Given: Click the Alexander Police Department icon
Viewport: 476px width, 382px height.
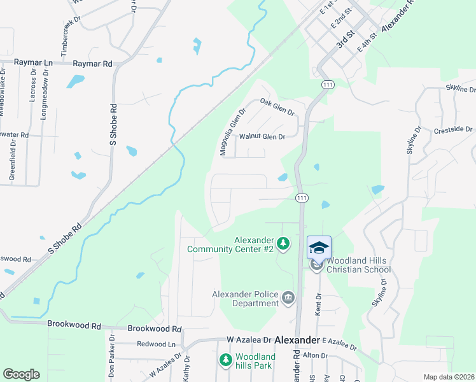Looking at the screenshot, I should [x=288, y=297].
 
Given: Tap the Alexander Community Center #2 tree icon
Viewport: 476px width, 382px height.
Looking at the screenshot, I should [x=283, y=243].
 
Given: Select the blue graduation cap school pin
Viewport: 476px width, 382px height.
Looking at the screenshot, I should [x=319, y=247].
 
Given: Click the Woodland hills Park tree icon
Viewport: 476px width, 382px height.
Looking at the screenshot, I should [x=225, y=360].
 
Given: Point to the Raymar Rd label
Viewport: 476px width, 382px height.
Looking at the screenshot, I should [x=92, y=64].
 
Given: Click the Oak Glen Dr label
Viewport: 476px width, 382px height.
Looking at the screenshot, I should [x=278, y=106].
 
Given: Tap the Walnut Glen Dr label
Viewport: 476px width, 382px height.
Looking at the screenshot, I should [x=261, y=136].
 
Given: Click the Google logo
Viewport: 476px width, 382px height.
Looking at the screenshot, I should [x=21, y=374].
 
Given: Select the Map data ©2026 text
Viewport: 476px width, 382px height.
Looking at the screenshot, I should [x=449, y=377].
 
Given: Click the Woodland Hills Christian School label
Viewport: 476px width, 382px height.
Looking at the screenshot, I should [x=358, y=265].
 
